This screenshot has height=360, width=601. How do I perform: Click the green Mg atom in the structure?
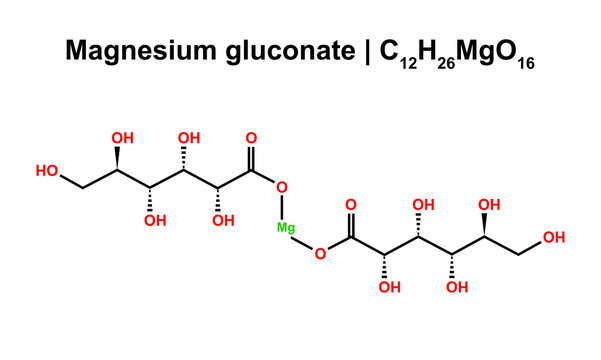pos(286,228)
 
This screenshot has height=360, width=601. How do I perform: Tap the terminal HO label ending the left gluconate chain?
pos(47,171)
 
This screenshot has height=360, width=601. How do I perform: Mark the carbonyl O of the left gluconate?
pos(250,140)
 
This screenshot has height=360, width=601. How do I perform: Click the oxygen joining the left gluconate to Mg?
pos(281,188)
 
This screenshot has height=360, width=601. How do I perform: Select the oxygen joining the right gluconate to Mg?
pos(319,253)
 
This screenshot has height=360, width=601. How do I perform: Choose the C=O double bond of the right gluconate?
pos(351,226)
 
